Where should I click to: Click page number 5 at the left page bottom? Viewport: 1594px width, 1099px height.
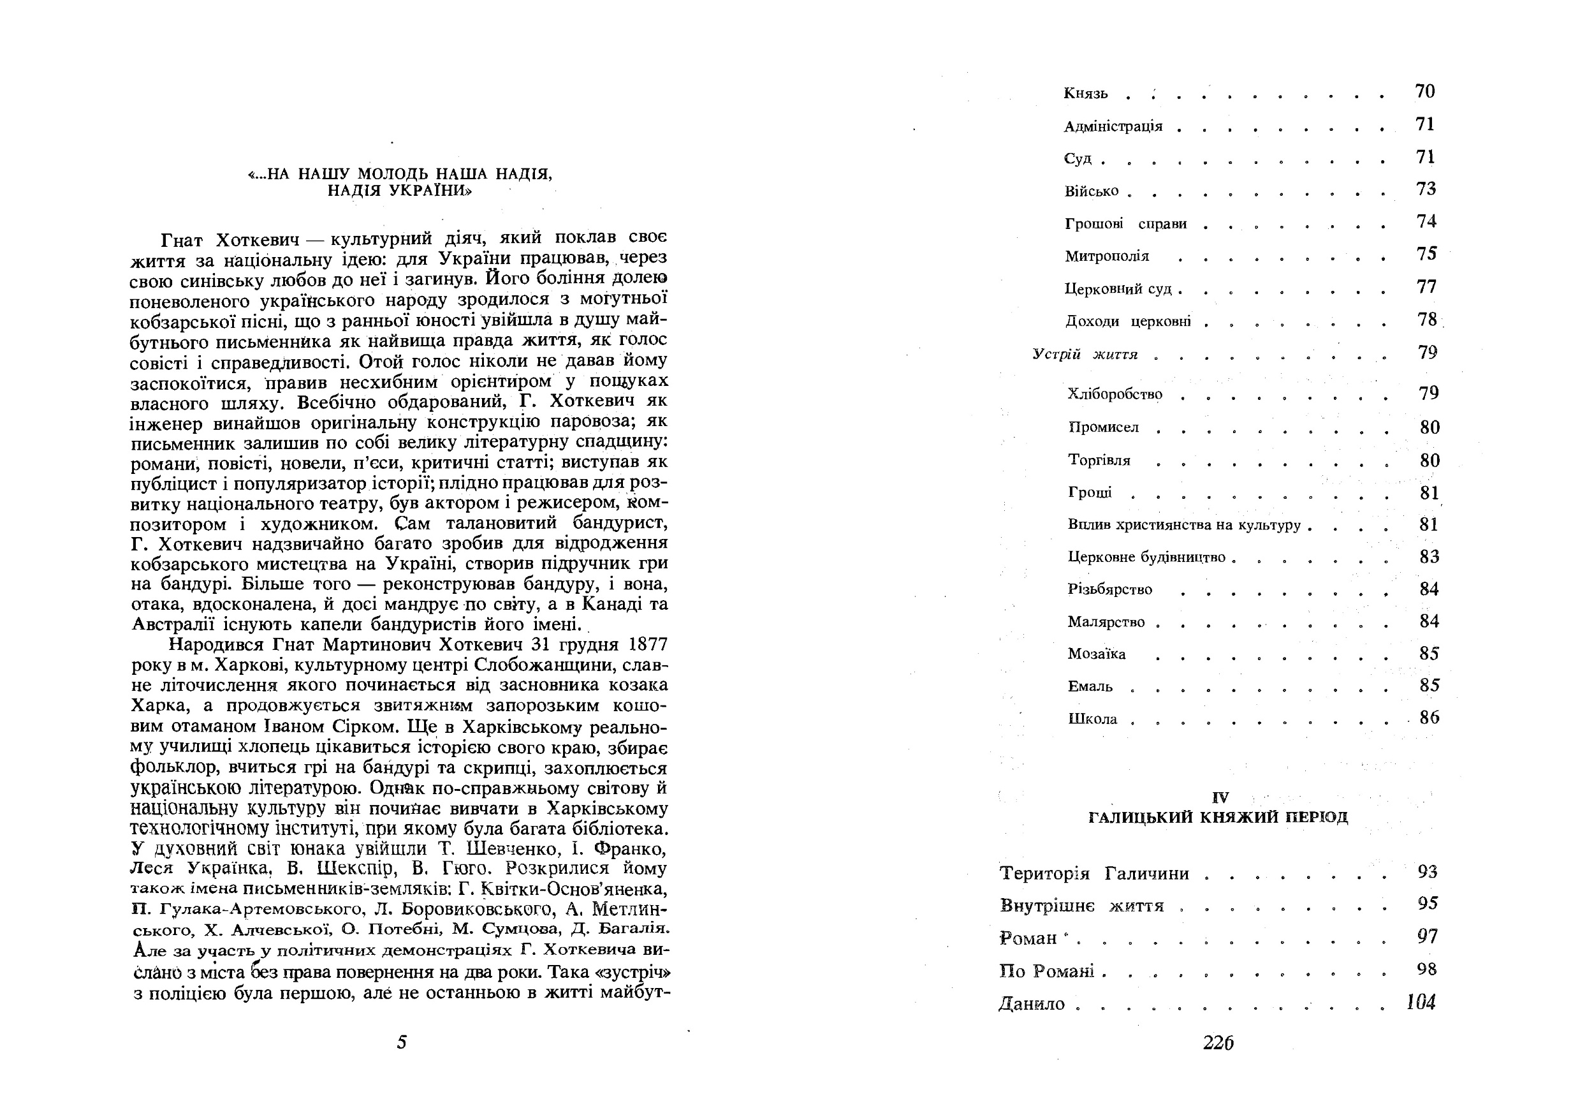tap(402, 1042)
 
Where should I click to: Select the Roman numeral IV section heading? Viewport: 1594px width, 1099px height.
tap(1220, 797)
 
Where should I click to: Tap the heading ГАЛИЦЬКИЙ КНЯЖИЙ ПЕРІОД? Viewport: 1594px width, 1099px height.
tap(1218, 817)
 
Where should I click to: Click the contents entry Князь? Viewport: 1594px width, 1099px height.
tap(1085, 94)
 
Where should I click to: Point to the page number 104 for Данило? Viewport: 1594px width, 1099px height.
tap(1421, 1002)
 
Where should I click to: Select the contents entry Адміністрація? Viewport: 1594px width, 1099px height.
tap(1113, 127)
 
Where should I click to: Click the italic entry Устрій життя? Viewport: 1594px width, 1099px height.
tap(1085, 355)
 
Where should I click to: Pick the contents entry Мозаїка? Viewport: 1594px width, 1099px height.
tap(1097, 654)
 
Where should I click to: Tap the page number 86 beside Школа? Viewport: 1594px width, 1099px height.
tap(1429, 718)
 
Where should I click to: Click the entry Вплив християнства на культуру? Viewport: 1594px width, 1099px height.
tap(1184, 526)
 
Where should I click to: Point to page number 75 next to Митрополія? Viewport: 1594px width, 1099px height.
tap(1427, 254)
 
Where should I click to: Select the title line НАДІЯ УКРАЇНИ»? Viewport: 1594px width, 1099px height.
tap(399, 191)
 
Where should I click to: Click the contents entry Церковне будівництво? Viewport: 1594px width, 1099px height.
tap(1146, 557)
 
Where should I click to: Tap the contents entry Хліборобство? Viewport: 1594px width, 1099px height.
tap(1115, 395)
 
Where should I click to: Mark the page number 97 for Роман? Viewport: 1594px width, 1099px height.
tap(1428, 936)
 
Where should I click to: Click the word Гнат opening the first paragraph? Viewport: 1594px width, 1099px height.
tap(182, 240)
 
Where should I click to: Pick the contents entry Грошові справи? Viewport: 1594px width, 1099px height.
tap(1125, 225)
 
